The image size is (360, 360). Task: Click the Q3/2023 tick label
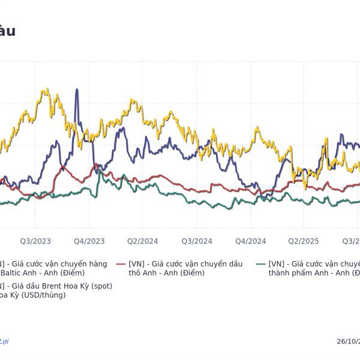point(35,241)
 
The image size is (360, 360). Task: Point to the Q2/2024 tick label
point(143,241)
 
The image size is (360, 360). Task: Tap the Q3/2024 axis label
point(197,241)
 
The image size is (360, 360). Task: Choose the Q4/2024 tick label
point(251,241)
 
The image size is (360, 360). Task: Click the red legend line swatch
point(121,264)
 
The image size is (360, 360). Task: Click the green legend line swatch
point(260,264)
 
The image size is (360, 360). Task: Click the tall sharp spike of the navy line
point(77,90)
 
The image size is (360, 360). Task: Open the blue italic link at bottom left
point(4,341)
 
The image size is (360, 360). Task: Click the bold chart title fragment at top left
point(7,31)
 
